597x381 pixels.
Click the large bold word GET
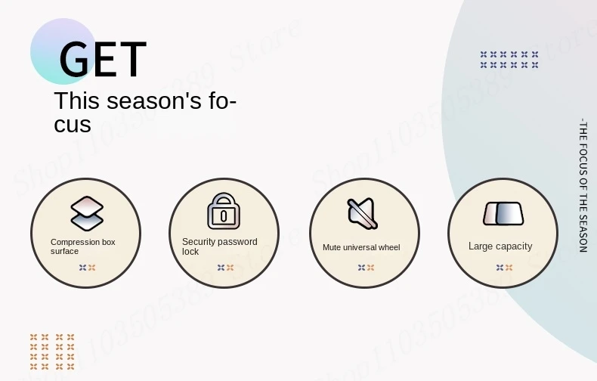coord(103,59)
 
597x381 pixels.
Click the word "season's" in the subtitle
coord(154,101)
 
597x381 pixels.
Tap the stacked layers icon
coord(87,213)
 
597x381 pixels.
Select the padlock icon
coord(224,211)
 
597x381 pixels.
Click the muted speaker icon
coord(362,213)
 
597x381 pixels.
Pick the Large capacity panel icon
coord(503,214)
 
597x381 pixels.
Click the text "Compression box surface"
coord(83,246)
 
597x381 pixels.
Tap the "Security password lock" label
coord(220,246)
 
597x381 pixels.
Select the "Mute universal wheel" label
coord(361,247)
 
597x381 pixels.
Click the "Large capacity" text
coord(500,246)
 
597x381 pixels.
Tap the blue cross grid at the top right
coord(509,60)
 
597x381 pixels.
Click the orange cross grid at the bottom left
coord(52,352)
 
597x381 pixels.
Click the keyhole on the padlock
coord(224,216)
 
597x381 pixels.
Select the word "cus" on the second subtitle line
coord(73,124)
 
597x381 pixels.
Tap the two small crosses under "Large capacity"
coord(504,268)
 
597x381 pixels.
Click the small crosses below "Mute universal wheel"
coord(366,268)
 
